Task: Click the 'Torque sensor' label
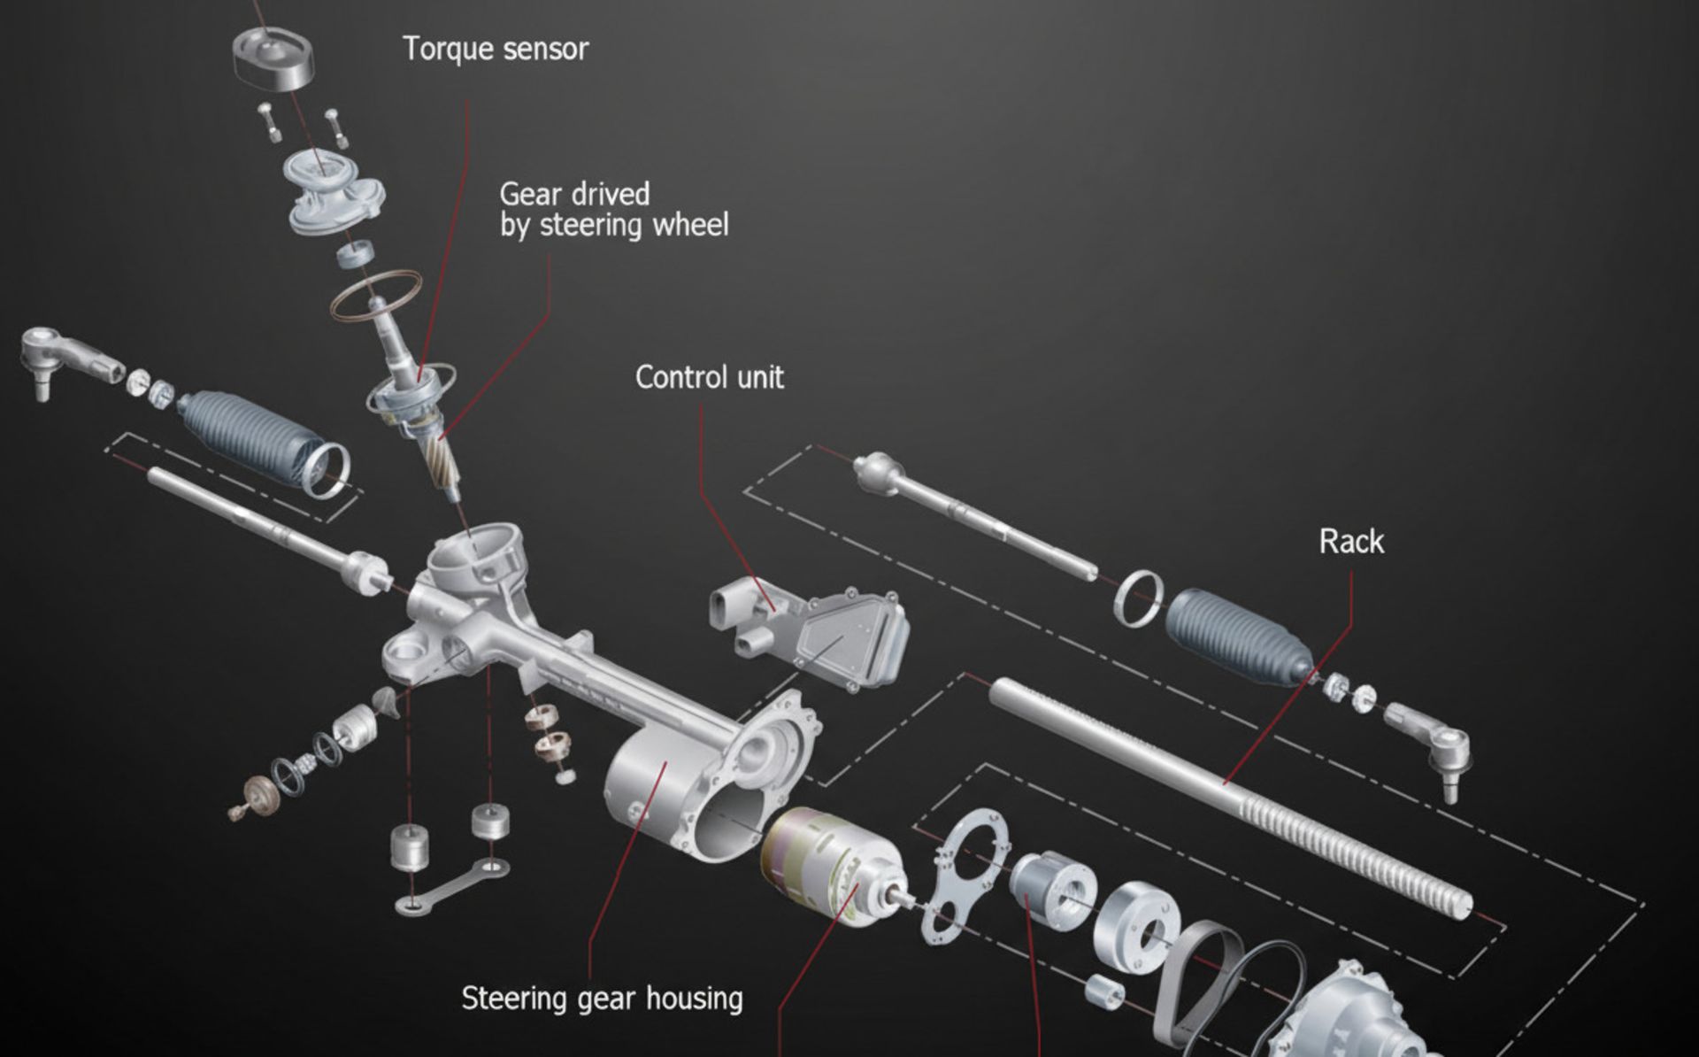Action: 495,49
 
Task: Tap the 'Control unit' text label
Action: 709,378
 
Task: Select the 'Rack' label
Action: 1350,541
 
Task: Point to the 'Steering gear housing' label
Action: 602,999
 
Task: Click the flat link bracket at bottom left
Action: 451,885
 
